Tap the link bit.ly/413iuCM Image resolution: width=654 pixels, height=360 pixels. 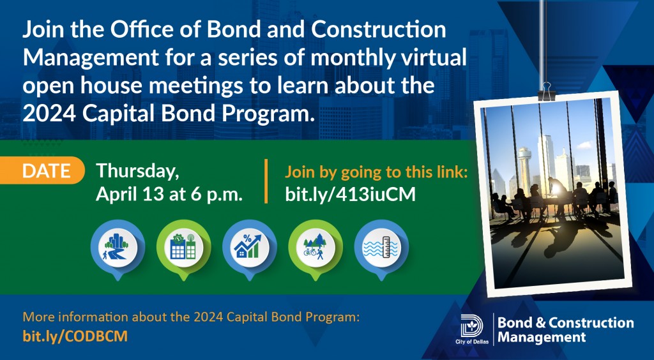tap(351, 195)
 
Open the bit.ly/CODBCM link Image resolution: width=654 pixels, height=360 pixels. tap(75, 336)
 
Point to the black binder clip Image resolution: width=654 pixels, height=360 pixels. tap(547, 92)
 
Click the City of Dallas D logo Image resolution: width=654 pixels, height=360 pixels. tap(471, 326)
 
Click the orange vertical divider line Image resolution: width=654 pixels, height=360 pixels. tap(266, 181)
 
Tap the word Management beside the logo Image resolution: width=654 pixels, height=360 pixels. tap(542, 337)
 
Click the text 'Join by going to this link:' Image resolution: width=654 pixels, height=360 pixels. tap(376, 172)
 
